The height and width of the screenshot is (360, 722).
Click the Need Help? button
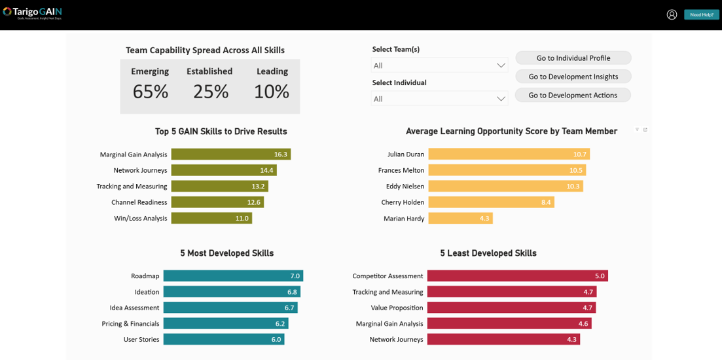(x=701, y=14)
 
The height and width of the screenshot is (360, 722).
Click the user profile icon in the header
(x=672, y=14)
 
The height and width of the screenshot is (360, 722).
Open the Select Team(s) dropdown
(x=439, y=65)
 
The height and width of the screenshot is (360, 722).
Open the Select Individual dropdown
(x=439, y=99)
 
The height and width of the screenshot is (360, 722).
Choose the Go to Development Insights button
(x=573, y=77)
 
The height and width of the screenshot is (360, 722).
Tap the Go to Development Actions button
(x=573, y=95)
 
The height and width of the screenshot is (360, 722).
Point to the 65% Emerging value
(x=151, y=92)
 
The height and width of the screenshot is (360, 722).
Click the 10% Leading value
(x=272, y=92)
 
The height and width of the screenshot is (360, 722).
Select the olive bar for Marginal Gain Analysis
(x=230, y=154)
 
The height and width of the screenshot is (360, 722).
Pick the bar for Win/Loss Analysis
(x=211, y=219)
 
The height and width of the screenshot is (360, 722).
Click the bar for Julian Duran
(x=509, y=154)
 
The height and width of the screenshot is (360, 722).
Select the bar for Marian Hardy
(x=460, y=219)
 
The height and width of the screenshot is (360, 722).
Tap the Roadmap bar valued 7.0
(x=233, y=276)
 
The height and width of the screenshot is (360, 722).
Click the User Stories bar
(x=224, y=340)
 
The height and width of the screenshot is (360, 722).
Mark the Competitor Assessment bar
(x=517, y=276)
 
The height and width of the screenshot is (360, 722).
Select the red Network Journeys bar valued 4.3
(x=503, y=340)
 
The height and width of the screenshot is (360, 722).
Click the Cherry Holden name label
(x=403, y=203)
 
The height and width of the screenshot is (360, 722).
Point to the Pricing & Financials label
(x=130, y=324)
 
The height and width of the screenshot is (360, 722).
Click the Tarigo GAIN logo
(x=33, y=12)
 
